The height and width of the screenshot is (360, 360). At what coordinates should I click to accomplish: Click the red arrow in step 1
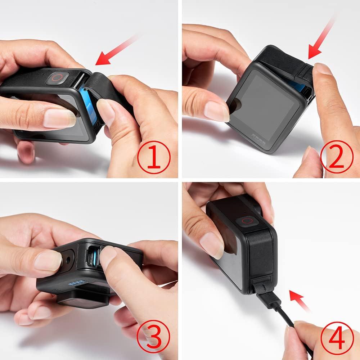click(x=115, y=52)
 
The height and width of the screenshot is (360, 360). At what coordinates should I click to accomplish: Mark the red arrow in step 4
click(x=301, y=301)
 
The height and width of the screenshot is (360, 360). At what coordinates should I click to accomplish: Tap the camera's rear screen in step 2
click(x=263, y=108)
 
